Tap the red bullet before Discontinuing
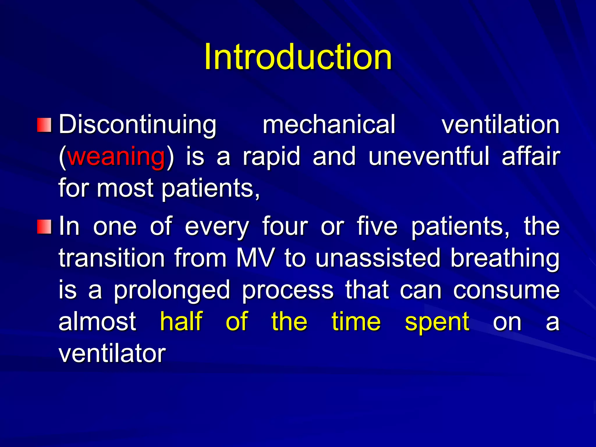(44, 125)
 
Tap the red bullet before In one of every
(44, 227)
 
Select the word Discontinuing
(137, 125)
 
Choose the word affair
(531, 157)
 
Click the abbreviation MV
(255, 258)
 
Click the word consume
(506, 290)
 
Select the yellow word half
(181, 322)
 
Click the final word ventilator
(112, 354)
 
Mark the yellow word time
(356, 322)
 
